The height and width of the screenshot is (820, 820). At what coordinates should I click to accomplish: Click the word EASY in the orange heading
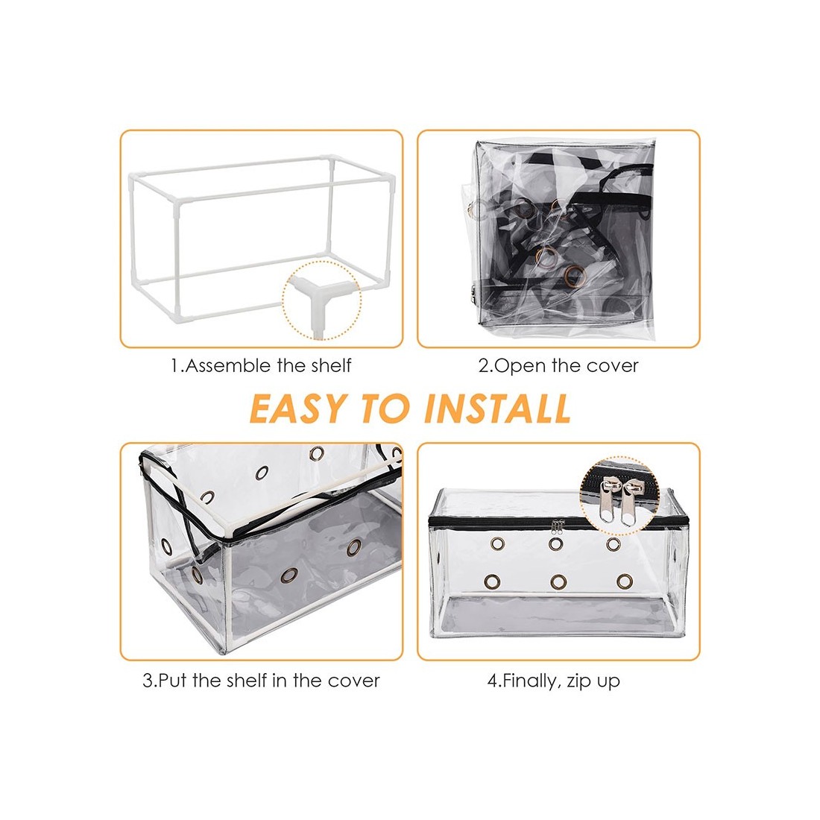coord(298,408)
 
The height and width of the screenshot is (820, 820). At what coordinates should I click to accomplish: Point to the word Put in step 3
coord(173,681)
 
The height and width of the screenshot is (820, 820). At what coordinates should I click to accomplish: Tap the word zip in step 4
coord(578,681)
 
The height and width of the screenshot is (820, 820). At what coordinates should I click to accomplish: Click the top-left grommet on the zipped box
coord(498,544)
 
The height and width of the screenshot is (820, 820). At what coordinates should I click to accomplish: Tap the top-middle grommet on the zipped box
coord(556,544)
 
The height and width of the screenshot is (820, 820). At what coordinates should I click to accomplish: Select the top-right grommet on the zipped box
coord(614,544)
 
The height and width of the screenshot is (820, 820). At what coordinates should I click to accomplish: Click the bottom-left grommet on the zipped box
coord(492,581)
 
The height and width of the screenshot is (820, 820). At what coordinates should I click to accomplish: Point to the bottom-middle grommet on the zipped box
coord(558,581)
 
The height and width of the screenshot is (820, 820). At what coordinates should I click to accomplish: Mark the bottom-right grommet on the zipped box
coord(625,581)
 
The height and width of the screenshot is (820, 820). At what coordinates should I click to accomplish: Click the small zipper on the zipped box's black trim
coord(558,526)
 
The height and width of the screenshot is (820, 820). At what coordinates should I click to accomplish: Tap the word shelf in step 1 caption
coord(331,365)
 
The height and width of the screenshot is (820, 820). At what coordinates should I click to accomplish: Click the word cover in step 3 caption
coord(353,681)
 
